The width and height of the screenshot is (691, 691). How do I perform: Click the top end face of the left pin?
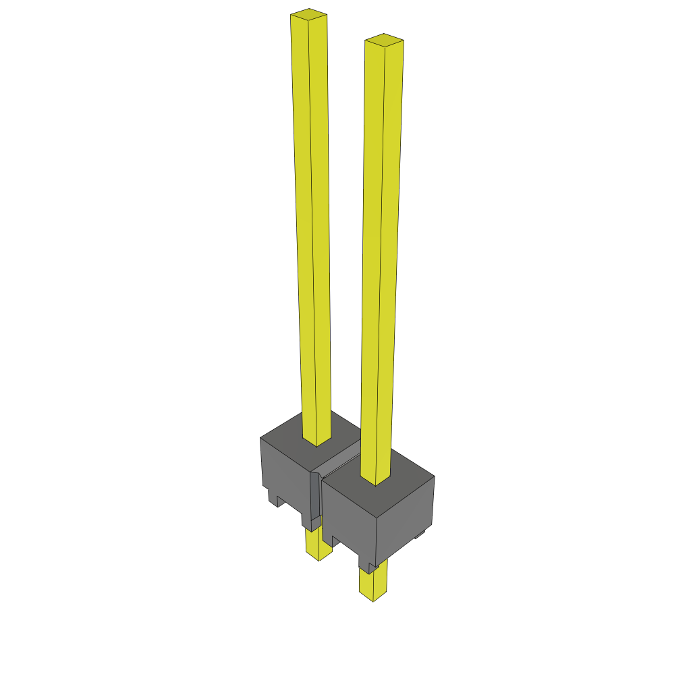pyautogui.click(x=309, y=15)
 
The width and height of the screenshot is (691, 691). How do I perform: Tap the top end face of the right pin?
pyautogui.click(x=384, y=40)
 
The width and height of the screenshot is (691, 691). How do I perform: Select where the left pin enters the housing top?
pyautogui.click(x=316, y=443)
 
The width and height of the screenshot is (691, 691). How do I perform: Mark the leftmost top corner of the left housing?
pyautogui.click(x=260, y=439)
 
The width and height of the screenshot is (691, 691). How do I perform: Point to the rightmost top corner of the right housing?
pyautogui.click(x=435, y=476)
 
